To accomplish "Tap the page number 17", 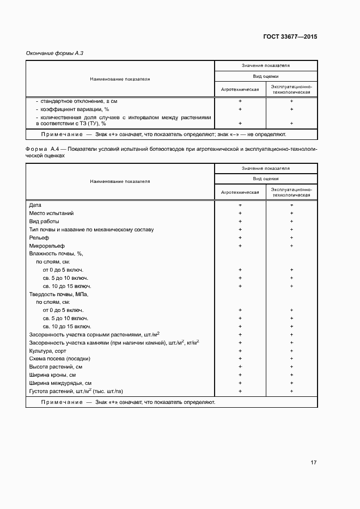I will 314,463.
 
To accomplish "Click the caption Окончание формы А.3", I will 54,53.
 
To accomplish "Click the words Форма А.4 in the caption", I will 42,149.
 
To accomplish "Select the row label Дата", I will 34,205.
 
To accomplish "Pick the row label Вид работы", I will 44,222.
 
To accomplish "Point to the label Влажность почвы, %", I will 56,254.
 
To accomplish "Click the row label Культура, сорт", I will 48,351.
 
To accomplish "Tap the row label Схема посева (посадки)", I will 59,359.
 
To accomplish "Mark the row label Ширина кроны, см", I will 52,375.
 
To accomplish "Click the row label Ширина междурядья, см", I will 60,383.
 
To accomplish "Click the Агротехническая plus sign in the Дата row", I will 240,205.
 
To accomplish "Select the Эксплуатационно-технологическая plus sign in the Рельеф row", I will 291,238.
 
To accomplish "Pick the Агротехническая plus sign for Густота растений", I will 240,391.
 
